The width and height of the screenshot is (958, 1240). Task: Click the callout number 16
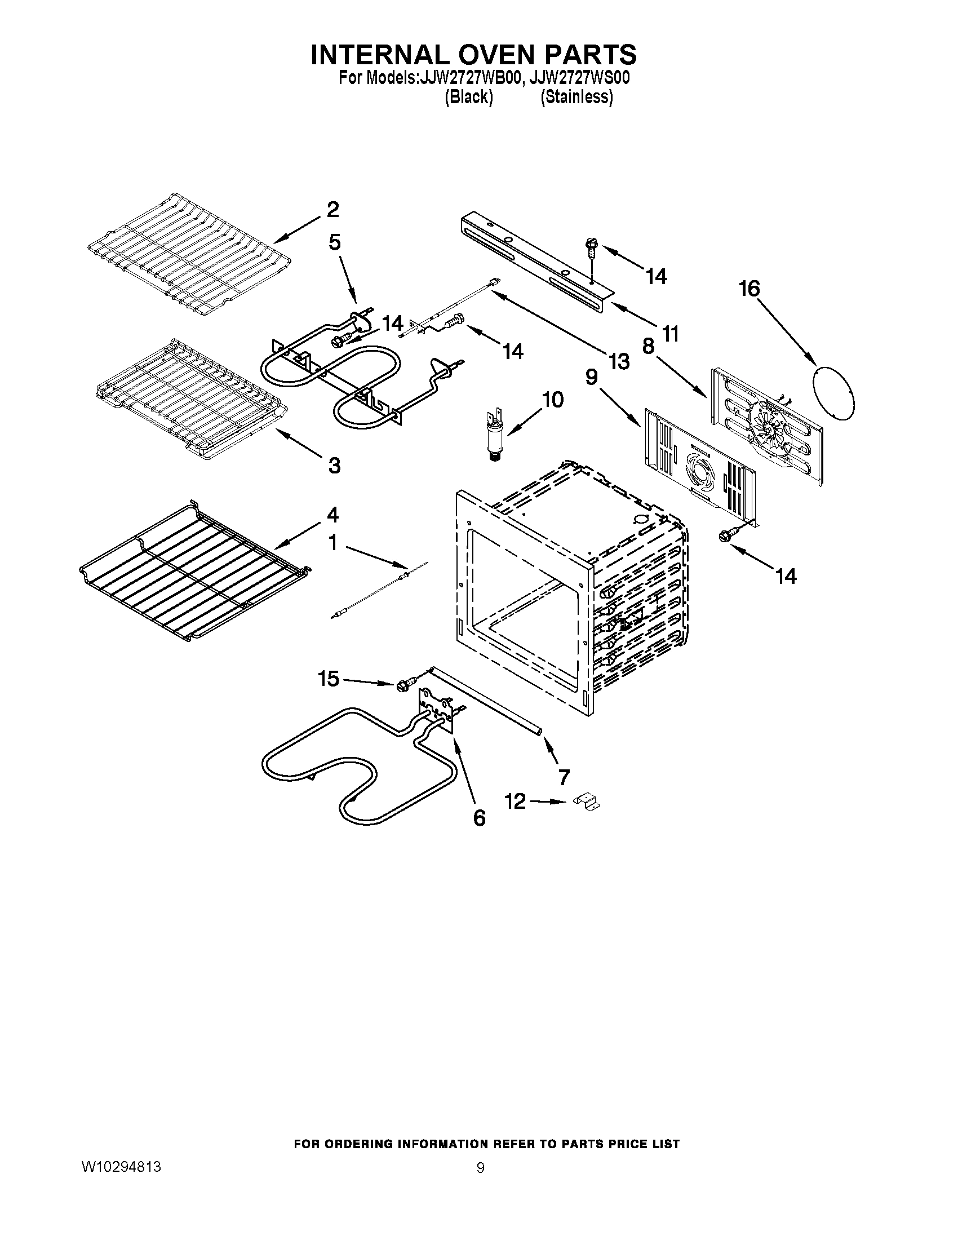(748, 289)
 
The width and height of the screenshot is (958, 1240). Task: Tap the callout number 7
(564, 777)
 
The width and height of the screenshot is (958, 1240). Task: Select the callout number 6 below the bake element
(480, 818)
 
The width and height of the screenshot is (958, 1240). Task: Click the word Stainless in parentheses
(576, 97)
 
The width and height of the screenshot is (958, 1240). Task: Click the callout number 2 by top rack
(332, 210)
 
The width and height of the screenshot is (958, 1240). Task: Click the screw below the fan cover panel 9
(726, 535)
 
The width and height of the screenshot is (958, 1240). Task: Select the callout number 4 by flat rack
(332, 515)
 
